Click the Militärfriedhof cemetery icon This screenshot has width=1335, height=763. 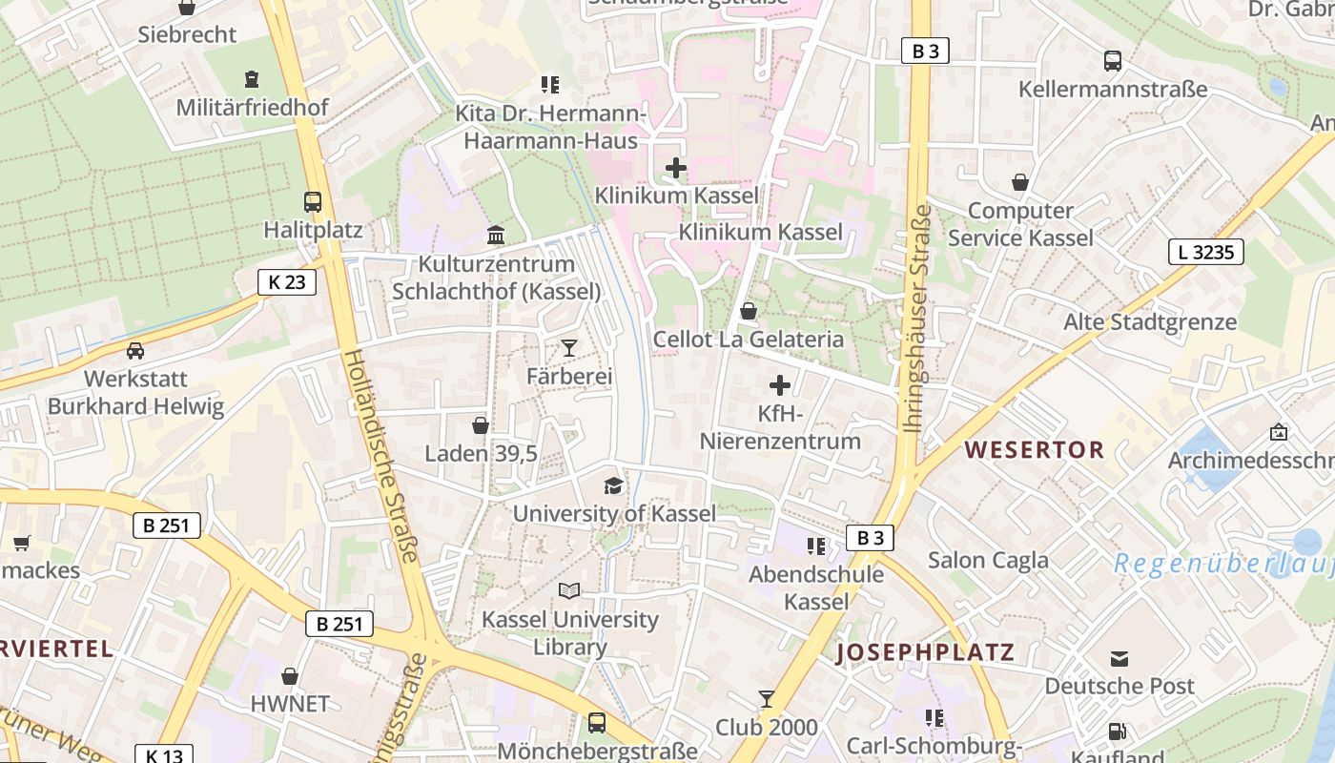pyautogui.click(x=252, y=78)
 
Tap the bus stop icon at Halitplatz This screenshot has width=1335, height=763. pyautogui.click(x=313, y=202)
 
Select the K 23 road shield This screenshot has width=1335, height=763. pyautogui.click(x=286, y=281)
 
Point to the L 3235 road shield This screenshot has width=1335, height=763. pyautogui.click(x=1205, y=252)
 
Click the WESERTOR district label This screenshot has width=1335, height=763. pyautogui.click(x=1035, y=449)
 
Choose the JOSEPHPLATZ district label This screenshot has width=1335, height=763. pyautogui.click(x=926, y=653)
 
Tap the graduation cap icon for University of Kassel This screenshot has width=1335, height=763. pyautogui.click(x=613, y=486)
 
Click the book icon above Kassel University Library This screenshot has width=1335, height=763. pyautogui.click(x=569, y=591)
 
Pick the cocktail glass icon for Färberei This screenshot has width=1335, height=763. pyautogui.click(x=569, y=348)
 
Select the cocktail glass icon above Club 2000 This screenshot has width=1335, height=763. pyautogui.click(x=767, y=699)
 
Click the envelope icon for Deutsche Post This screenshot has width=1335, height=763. pyautogui.click(x=1119, y=658)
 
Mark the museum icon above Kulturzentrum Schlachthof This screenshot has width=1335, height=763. pyautogui.click(x=496, y=235)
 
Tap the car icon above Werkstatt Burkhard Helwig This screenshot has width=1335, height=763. pyautogui.click(x=135, y=350)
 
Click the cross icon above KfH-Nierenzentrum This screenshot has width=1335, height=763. pyautogui.click(x=780, y=385)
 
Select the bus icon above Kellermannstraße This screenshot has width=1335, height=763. pyautogui.click(x=1113, y=61)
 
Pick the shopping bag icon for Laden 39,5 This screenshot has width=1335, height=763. pyautogui.click(x=481, y=425)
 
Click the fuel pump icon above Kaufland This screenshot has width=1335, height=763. pyautogui.click(x=1117, y=732)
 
